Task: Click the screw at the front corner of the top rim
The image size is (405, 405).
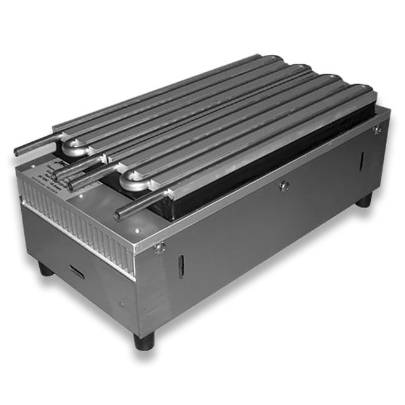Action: pos(160,247)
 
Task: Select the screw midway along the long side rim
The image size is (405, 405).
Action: pos(284,185)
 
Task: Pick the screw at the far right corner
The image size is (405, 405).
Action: pos(377,130)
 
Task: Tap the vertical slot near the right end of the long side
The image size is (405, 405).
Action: pos(361,161)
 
